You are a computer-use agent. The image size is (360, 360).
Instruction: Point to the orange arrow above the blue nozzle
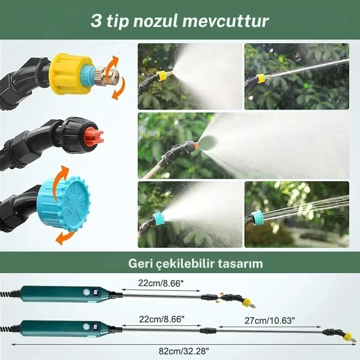tap(60, 176)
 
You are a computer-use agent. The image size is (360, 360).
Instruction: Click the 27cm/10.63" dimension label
tap(269, 320)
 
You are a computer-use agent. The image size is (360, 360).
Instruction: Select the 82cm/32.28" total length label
tap(184, 351)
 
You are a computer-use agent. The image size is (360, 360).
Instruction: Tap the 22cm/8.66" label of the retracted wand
tap(161, 283)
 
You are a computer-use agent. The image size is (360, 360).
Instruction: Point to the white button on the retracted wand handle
tap(86, 292)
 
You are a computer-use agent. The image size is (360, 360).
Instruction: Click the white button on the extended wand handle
tap(86, 327)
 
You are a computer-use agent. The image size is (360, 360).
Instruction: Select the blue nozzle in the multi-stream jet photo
tap(257, 217)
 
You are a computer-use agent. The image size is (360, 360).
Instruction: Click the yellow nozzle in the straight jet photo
tap(261, 78)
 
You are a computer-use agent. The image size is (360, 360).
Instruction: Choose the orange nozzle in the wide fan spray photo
tap(196, 145)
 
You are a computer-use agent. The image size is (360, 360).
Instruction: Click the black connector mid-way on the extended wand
tap(208, 331)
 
